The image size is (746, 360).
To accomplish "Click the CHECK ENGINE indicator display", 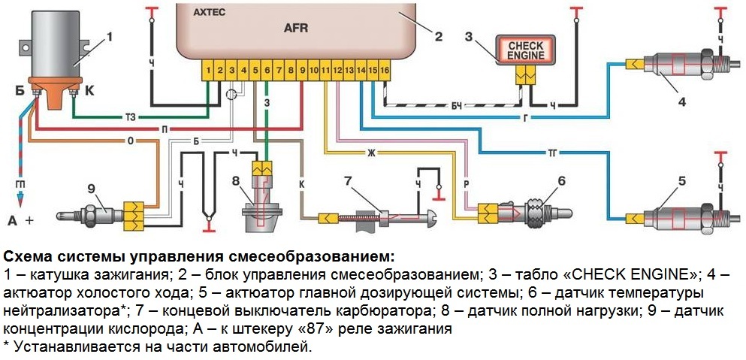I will click(x=526, y=50).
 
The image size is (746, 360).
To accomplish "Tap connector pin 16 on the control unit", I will click(x=385, y=70).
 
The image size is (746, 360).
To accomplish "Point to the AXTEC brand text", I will click(x=210, y=14).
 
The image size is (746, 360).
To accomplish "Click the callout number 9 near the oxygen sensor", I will click(x=92, y=187).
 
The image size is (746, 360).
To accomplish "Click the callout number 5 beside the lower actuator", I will click(x=682, y=182).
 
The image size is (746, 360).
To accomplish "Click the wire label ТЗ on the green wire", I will click(x=130, y=117).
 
